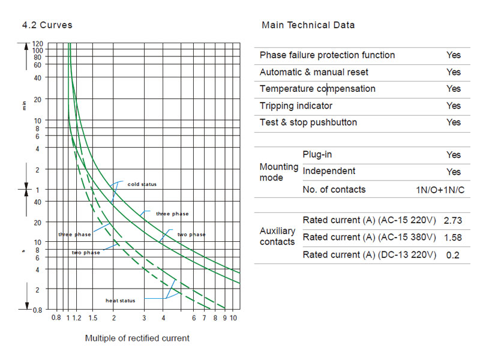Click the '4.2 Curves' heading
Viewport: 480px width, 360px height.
click(47, 25)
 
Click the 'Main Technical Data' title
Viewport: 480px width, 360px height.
click(308, 25)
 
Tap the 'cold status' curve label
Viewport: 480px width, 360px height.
click(142, 184)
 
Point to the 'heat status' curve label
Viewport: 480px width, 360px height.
click(121, 300)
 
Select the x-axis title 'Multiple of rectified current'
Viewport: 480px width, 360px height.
click(137, 338)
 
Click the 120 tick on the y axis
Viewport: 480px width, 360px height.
click(38, 44)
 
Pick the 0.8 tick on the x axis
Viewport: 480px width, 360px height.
click(56, 318)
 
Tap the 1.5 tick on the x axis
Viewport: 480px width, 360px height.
click(93, 318)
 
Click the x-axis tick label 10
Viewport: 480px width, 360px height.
click(234, 318)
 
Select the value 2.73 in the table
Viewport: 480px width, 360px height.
click(452, 221)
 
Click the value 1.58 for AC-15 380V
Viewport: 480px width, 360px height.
click(452, 238)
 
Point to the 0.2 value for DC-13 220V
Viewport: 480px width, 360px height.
click(454, 255)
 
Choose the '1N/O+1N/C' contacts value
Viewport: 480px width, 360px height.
click(440, 190)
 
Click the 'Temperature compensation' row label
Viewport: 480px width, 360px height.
click(317, 89)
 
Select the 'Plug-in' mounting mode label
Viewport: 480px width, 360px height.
click(317, 155)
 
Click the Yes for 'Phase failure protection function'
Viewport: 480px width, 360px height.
click(454, 55)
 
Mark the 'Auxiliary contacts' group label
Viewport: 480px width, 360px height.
click(277, 236)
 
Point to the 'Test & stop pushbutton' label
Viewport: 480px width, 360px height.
click(308, 122)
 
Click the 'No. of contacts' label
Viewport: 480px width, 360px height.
click(334, 190)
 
